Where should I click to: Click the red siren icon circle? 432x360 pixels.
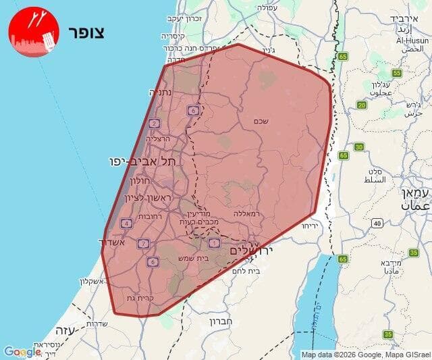(34, 32)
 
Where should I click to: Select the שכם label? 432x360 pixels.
(262, 121)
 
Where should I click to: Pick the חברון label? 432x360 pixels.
(221, 322)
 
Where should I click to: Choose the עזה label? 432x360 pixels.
(64, 331)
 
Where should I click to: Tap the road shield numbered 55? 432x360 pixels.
(396, 73)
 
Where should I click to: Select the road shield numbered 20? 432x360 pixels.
(362, 105)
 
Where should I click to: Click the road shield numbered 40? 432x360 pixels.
(376, 223)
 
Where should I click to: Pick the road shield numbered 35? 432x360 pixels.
(387, 334)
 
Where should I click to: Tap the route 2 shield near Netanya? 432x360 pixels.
(155, 123)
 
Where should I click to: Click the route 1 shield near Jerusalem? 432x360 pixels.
(215, 242)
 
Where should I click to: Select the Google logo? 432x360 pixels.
(22, 352)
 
